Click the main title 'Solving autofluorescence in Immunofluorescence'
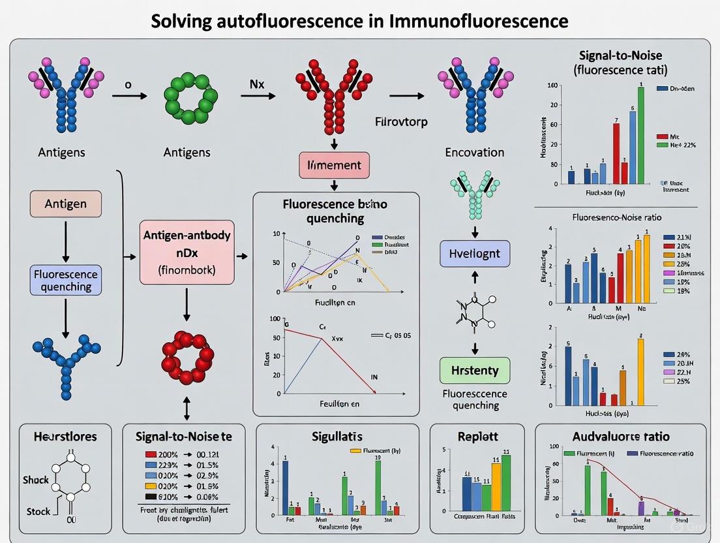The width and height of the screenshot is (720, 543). coord(359,20)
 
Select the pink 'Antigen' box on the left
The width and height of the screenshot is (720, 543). coord(65,204)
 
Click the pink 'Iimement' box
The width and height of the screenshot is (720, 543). coord(334,165)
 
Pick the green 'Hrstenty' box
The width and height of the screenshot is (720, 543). coord(475,370)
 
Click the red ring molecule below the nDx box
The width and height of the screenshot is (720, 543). coord(187,358)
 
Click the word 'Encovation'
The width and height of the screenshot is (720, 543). coord(474,152)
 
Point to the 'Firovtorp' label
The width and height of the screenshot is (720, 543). coord(401,121)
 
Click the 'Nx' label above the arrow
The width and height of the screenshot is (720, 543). coord(256,84)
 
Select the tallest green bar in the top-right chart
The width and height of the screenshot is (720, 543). coord(640,135)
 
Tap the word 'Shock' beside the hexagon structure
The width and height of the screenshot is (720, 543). coord(36,480)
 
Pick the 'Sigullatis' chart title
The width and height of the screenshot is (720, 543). coord(337,437)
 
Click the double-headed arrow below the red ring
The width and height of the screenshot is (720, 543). coord(187,408)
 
